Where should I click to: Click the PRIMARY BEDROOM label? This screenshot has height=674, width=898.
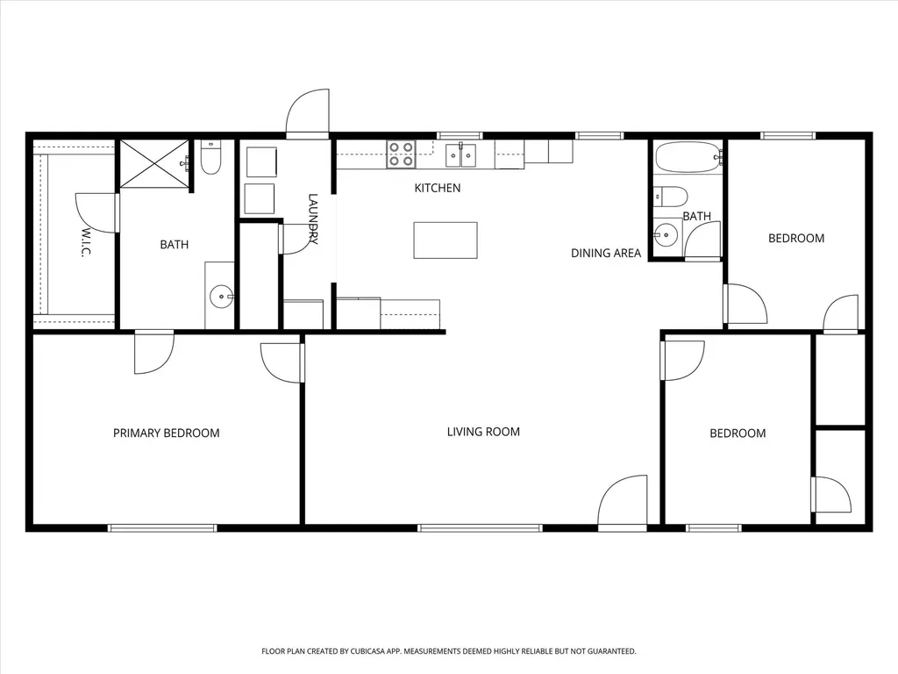(166, 434)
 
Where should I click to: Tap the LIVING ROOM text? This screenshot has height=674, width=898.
(483, 432)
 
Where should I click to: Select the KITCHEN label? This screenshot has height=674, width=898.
(438, 188)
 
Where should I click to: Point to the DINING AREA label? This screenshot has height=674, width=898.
(606, 254)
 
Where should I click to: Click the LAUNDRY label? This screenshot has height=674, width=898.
(313, 219)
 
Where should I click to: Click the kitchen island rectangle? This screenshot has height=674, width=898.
(445, 240)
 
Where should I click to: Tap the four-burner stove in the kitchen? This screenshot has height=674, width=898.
(401, 154)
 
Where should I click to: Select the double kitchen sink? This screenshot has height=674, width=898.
(460, 155)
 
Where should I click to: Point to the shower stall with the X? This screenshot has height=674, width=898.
(154, 162)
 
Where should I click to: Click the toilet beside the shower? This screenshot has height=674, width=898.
(210, 158)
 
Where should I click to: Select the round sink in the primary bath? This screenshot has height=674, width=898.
(221, 297)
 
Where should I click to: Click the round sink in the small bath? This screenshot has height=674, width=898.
(666, 233)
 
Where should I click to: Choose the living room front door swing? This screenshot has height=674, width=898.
(623, 499)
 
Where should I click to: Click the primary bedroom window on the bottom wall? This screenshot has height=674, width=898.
(162, 527)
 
